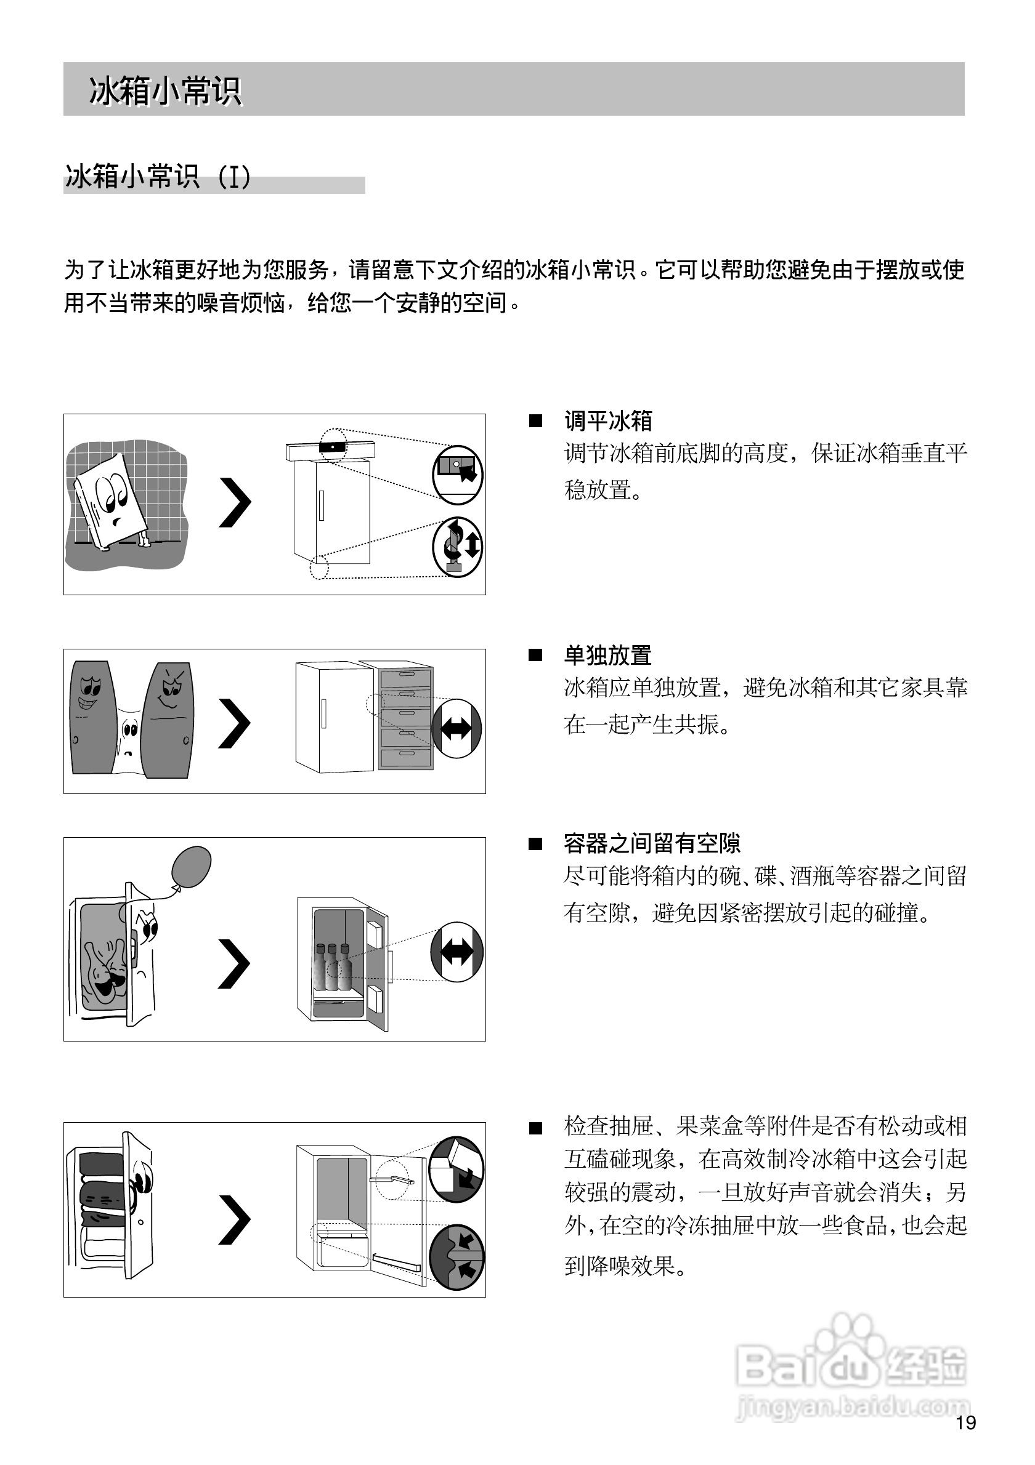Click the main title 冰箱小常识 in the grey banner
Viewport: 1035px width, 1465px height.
pos(164,90)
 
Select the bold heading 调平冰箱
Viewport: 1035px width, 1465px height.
pos(608,421)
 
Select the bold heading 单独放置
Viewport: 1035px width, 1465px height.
pos(608,656)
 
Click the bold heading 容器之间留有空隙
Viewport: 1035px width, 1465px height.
pos(652,843)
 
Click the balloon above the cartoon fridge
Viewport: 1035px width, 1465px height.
pos(191,866)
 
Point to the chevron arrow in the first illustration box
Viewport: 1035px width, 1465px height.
pos(234,503)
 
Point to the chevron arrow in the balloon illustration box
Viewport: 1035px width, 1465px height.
pos(234,963)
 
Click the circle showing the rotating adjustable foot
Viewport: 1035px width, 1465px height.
pos(457,547)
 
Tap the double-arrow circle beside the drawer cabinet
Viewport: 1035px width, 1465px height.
pos(457,729)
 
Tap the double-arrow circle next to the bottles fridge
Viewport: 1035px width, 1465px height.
pos(457,952)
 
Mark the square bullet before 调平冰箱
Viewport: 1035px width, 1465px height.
pos(536,421)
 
